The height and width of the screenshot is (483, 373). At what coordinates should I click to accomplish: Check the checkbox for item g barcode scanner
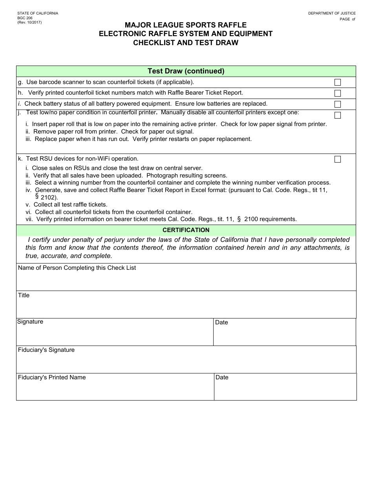[338, 82]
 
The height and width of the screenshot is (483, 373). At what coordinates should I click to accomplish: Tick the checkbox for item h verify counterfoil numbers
[338, 93]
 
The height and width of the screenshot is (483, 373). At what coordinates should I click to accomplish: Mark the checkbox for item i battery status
[338, 104]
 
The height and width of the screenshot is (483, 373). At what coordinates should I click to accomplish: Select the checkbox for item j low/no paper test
[338, 115]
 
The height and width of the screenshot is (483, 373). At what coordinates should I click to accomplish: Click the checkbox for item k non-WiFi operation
[338, 159]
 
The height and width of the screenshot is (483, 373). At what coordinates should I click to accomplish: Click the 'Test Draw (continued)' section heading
[186, 71]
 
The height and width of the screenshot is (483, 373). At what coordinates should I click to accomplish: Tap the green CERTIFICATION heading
[186, 230]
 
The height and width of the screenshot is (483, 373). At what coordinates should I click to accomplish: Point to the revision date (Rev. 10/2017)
[30, 22]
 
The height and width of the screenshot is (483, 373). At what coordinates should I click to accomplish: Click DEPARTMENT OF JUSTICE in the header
[332, 13]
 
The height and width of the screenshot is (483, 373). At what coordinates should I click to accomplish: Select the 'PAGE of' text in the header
[347, 19]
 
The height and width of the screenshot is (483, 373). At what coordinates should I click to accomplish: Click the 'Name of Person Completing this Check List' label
[77, 268]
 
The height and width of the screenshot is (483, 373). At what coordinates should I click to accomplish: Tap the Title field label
[24, 295]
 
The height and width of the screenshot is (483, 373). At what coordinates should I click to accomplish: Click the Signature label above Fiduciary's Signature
[30, 322]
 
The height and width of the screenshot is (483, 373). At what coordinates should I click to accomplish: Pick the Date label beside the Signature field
[221, 322]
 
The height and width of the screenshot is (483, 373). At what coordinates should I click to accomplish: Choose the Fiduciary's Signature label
[46, 350]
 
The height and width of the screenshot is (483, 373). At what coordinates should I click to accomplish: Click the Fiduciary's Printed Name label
[52, 377]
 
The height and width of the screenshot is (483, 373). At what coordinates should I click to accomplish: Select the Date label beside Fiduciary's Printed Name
[222, 377]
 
